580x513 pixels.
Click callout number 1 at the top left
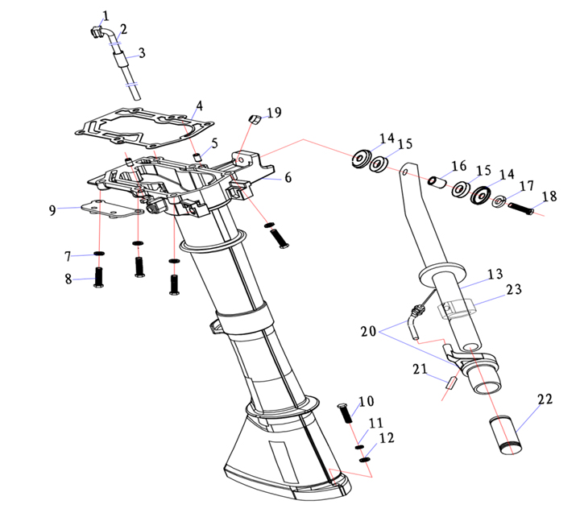click(106, 14)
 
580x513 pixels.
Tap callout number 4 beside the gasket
click(198, 105)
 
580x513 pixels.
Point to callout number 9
click(52, 210)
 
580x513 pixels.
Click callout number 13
click(494, 275)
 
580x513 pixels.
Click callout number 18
click(549, 197)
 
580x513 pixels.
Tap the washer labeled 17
click(499, 201)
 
